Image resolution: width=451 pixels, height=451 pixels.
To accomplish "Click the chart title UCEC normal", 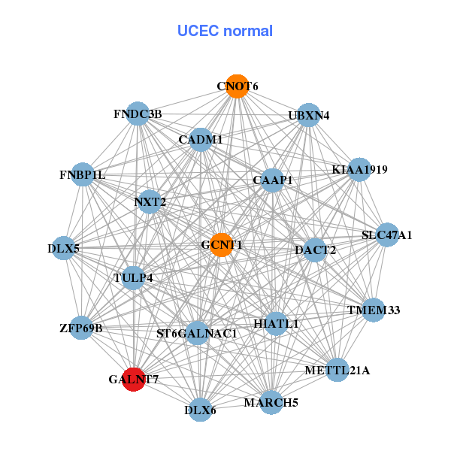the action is point(225,31).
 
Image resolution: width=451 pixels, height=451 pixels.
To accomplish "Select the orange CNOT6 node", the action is point(237,86).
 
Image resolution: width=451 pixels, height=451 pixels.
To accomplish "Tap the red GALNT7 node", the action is point(134,378).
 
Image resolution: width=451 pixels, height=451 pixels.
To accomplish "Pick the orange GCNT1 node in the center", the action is point(221,245).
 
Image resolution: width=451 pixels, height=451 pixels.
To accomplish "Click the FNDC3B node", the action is point(137,114).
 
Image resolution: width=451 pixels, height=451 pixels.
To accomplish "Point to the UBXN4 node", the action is point(308,115).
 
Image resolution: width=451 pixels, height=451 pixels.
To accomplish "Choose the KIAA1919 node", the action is point(359,169).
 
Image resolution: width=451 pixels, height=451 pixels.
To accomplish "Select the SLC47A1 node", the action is point(387,235).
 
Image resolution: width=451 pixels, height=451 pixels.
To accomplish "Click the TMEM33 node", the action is point(374,310).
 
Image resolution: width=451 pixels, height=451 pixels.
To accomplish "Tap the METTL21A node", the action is point(337,370).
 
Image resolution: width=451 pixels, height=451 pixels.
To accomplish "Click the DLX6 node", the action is point(200,410).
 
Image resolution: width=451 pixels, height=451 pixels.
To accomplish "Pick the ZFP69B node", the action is point(81,328).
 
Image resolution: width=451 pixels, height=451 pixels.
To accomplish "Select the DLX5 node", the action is point(64,248).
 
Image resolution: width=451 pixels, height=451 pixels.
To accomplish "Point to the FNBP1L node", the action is point(83,175).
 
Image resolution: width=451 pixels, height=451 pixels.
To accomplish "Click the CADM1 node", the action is point(200,139).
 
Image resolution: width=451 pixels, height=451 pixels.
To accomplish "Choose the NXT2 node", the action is point(150,201).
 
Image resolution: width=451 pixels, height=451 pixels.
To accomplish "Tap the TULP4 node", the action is point(133,277).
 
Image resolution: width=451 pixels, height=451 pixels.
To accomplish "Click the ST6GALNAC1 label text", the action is point(196,333).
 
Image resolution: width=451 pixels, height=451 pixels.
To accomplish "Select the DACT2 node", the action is point(315,250).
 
